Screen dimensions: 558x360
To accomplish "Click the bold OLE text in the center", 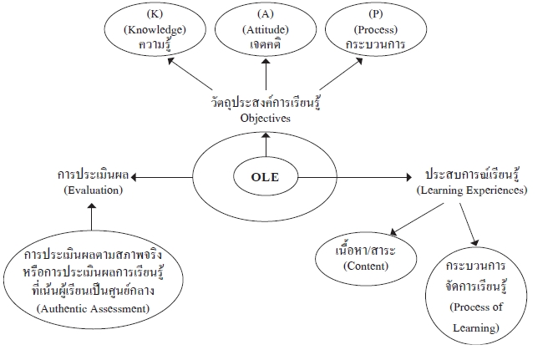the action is pyautogui.click(x=265, y=177).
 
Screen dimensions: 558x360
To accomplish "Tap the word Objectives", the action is pyautogui.click(x=265, y=119).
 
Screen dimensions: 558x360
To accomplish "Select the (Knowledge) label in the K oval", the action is pyautogui.click(x=155, y=29).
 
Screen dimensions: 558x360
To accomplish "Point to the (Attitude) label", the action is pyautogui.click(x=266, y=29).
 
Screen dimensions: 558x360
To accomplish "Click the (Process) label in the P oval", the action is pyautogui.click(x=376, y=29).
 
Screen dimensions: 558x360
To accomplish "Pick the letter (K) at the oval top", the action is pyautogui.click(x=155, y=14).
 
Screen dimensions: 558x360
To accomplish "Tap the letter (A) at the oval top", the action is pyautogui.click(x=266, y=14).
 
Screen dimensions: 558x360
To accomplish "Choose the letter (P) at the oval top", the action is pyautogui.click(x=376, y=14).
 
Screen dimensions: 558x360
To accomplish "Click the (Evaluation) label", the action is pyautogui.click(x=94, y=190).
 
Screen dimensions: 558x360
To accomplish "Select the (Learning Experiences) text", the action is pyautogui.click(x=472, y=190).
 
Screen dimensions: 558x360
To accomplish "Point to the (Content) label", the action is pyautogui.click(x=366, y=266).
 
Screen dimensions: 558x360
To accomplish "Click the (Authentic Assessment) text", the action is pyautogui.click(x=93, y=308).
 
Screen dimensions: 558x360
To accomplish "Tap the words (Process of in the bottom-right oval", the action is pyautogui.click(x=476, y=307).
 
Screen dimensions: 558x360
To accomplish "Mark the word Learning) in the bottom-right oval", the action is pyautogui.click(x=476, y=327).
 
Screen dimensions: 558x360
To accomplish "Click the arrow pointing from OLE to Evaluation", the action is pyautogui.click(x=162, y=177).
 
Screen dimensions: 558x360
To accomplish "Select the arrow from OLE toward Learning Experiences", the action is pyautogui.click(x=354, y=177).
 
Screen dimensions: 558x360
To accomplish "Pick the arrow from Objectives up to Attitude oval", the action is pyautogui.click(x=266, y=74).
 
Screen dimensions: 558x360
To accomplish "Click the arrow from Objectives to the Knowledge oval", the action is pyautogui.click(x=190, y=74).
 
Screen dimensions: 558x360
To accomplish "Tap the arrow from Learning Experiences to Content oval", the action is pyautogui.click(x=417, y=219).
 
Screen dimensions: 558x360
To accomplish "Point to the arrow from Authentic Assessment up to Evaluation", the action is pyautogui.click(x=92, y=216).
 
